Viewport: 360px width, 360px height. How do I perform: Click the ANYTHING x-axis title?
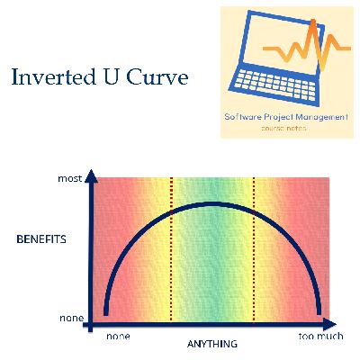(212, 345)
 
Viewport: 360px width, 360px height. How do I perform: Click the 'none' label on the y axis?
(71, 318)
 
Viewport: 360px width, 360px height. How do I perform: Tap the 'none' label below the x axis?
(118, 335)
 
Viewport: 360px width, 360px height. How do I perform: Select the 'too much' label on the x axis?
(320, 335)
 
